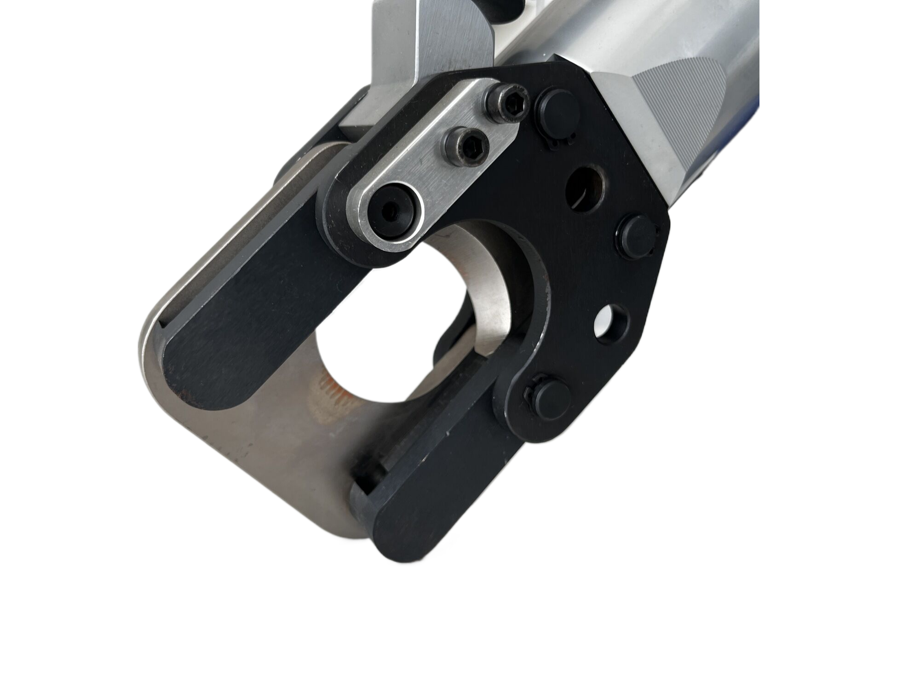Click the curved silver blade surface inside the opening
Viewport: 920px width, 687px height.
click(x=488, y=294)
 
